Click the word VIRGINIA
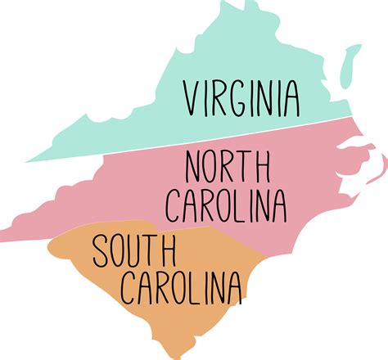click(x=241, y=97)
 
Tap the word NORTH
click(x=228, y=168)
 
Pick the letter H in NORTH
click(x=261, y=168)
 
